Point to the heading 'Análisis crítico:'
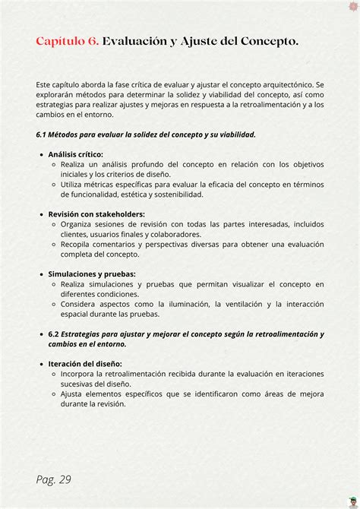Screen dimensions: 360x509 point(75,154)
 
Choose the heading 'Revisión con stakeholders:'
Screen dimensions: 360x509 point(96,214)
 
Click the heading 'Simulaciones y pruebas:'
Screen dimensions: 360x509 point(92,273)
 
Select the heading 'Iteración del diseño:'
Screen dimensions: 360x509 point(84,363)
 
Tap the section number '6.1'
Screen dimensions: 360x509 point(43,134)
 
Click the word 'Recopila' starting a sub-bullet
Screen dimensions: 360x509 point(77,244)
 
